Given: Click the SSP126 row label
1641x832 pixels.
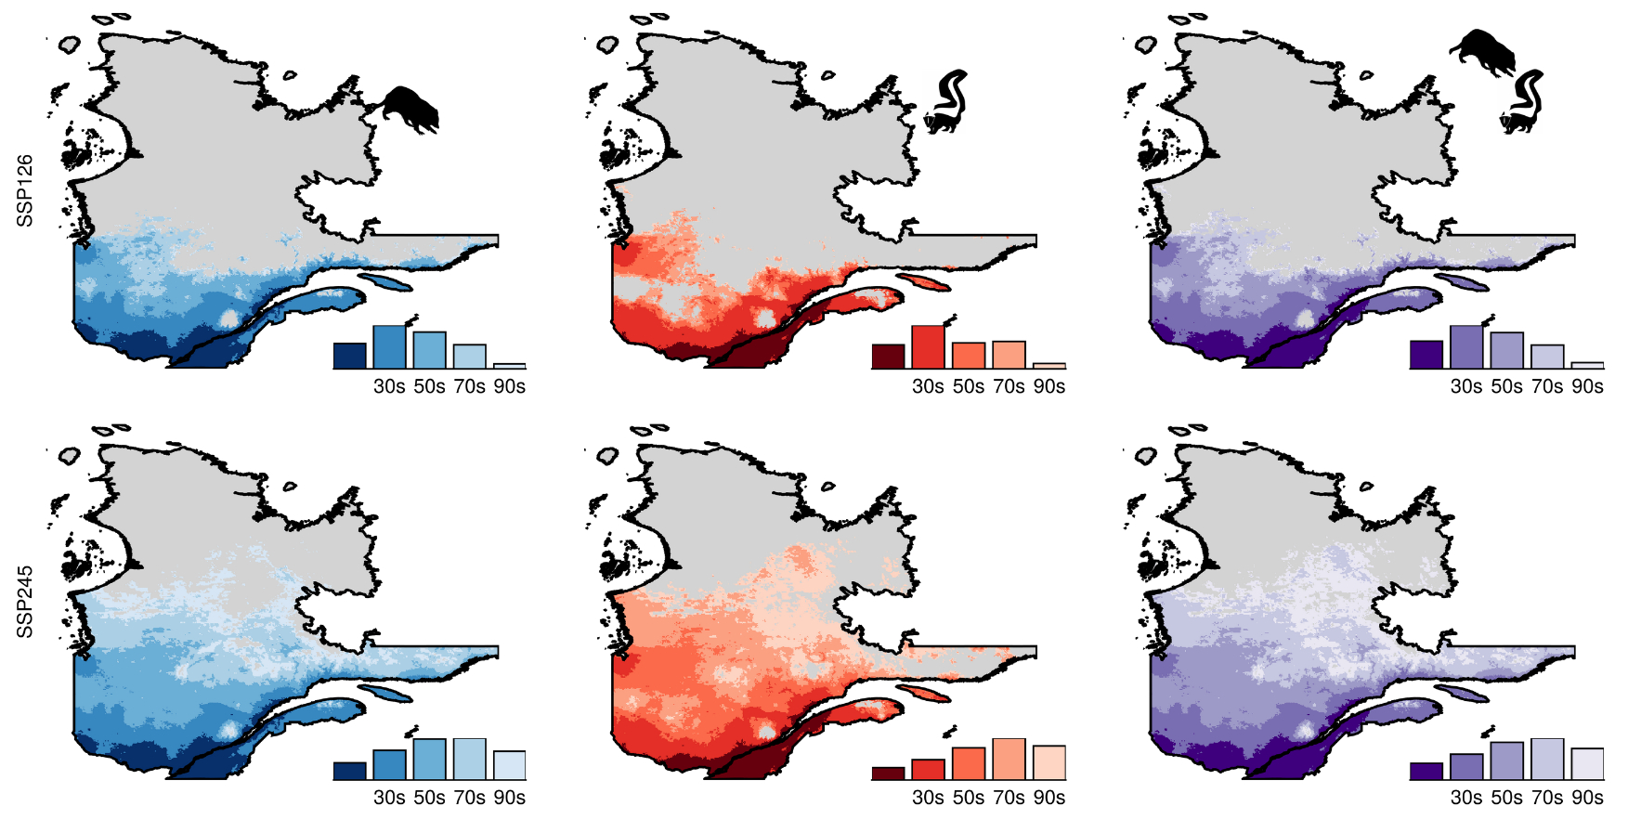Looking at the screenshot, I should (25, 190).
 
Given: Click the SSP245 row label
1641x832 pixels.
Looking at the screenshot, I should (25, 602).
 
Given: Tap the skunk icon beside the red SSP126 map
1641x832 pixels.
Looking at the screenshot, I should (947, 102).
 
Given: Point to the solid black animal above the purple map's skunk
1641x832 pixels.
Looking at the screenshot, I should (1483, 51).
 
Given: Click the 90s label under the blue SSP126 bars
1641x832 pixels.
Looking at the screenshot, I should (510, 386).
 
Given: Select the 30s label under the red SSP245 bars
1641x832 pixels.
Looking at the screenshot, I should (928, 798).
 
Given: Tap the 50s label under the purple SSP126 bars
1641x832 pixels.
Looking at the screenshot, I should (1506, 386).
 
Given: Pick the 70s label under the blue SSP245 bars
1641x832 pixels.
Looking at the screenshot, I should (470, 798).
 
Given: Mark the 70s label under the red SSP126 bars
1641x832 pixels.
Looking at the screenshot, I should (1009, 386).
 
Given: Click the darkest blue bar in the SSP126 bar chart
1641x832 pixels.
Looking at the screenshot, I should (349, 356).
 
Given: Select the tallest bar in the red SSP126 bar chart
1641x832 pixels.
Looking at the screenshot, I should (928, 347).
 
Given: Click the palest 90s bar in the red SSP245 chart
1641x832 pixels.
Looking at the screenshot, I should (1048, 762).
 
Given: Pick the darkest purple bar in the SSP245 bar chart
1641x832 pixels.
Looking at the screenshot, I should (1426, 771).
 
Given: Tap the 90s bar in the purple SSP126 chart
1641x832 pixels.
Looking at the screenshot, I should (1587, 365).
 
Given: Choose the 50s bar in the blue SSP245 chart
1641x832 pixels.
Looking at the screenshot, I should (430, 760).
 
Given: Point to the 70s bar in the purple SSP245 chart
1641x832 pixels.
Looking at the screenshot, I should (1547, 760).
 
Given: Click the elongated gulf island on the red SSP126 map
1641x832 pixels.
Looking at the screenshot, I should (923, 281).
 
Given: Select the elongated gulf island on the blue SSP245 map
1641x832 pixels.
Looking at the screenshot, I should (384, 693).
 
